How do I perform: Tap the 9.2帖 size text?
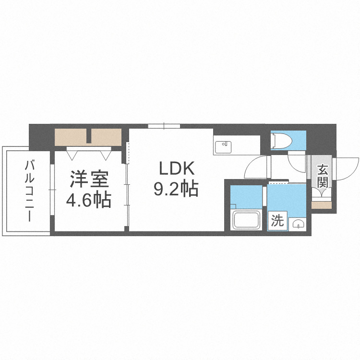click(176, 189)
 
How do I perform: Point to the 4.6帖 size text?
click(89, 198)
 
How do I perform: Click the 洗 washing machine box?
click(277, 221)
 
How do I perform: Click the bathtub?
click(247, 220)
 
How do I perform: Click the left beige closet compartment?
click(71, 137)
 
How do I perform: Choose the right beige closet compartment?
click(106, 137)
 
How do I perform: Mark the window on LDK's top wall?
click(164, 126)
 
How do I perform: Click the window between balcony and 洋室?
click(51, 192)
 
